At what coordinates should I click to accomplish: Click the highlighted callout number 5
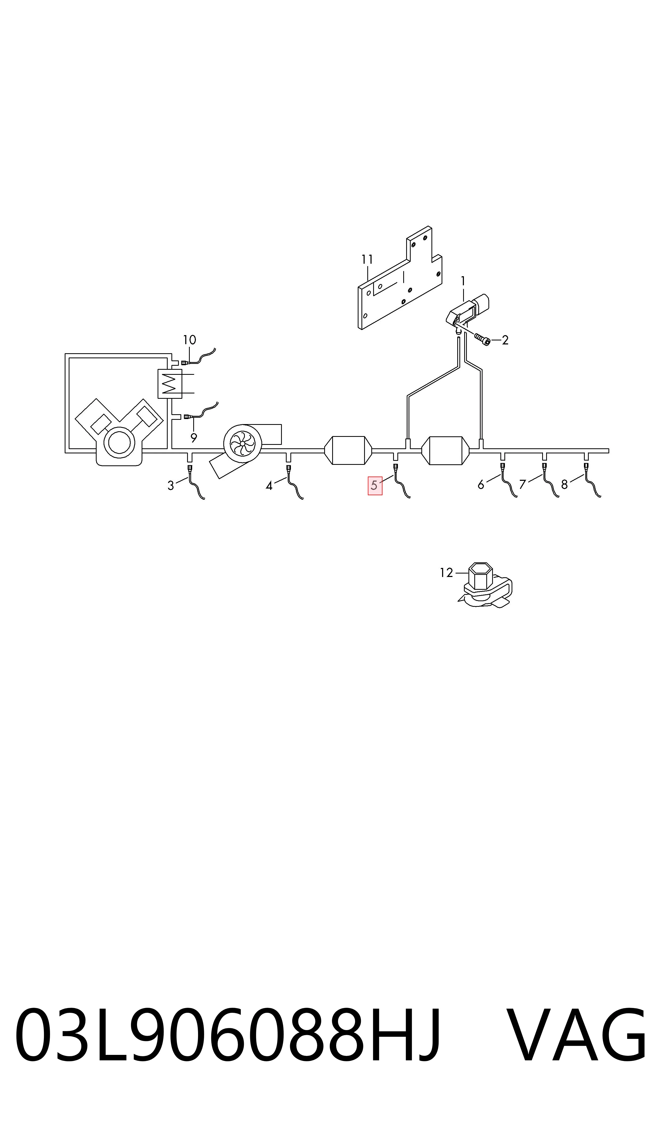tap(374, 485)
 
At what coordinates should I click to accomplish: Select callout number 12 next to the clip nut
tap(446, 573)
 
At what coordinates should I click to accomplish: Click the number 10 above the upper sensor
tap(190, 340)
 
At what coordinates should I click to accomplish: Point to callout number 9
tap(193, 438)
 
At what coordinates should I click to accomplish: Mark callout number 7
tap(523, 484)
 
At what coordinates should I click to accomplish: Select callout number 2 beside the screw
tap(505, 340)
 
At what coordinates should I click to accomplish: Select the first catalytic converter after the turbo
tap(348, 450)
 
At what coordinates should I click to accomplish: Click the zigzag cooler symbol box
tap(170, 384)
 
